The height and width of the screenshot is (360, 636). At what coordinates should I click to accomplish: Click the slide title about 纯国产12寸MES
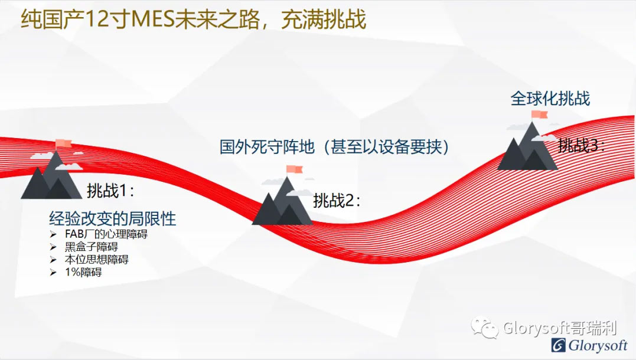[x=194, y=20]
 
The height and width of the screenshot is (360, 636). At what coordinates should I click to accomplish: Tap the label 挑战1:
[x=110, y=191]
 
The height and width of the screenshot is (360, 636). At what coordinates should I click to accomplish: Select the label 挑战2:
[x=336, y=200]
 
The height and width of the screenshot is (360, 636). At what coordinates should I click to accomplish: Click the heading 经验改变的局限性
[x=113, y=218]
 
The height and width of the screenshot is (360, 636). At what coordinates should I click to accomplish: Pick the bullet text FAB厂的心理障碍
[x=106, y=234]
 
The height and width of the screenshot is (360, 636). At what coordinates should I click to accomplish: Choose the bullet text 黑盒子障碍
[x=92, y=247]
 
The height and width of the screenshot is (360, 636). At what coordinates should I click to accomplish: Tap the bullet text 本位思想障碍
[x=96, y=260]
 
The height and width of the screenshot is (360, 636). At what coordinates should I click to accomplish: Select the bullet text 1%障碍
[x=83, y=272]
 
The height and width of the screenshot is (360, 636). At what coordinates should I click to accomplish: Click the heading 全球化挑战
[x=550, y=99]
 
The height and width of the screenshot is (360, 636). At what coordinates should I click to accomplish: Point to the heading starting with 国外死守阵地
[x=334, y=147]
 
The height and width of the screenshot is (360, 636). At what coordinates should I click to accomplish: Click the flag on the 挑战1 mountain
[x=63, y=143]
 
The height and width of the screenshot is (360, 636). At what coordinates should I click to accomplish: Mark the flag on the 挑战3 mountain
[x=540, y=114]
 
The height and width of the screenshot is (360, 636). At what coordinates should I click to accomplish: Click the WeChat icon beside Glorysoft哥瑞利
[x=485, y=327]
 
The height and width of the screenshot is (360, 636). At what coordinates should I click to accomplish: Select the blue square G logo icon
[x=559, y=345]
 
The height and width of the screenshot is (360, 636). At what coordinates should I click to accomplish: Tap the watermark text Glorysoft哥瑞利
[x=560, y=328]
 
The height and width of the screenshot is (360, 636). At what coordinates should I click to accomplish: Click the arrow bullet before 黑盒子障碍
[x=53, y=247]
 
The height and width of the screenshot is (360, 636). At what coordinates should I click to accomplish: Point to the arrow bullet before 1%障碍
[x=53, y=272]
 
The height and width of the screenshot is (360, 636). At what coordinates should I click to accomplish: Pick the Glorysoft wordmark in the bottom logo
[x=598, y=345]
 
